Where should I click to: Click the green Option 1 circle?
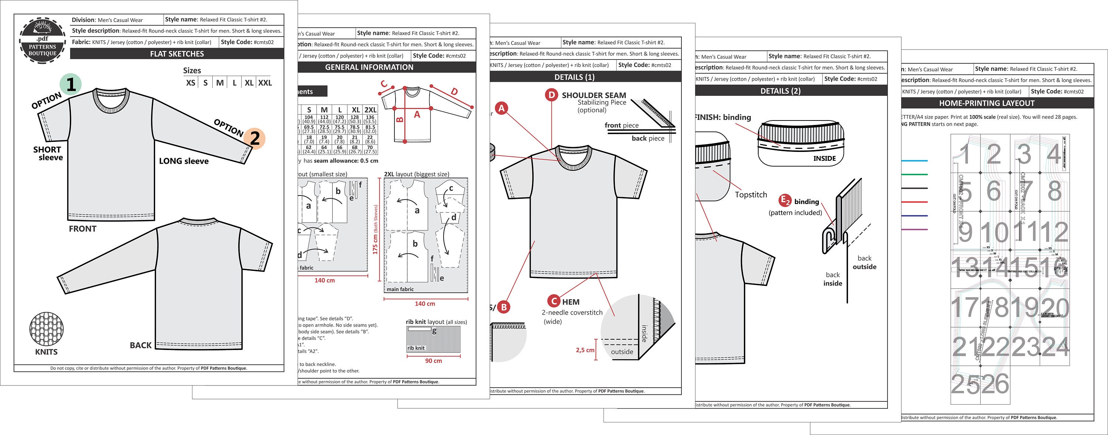click(x=71, y=84)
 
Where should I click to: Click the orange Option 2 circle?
click(x=254, y=138)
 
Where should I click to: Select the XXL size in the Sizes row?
click(x=265, y=83)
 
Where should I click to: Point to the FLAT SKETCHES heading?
click(x=177, y=54)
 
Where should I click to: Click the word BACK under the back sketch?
click(x=141, y=345)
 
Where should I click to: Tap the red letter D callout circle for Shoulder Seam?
click(x=551, y=95)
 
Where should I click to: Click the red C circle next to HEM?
click(x=554, y=301)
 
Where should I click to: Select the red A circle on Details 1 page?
click(x=501, y=108)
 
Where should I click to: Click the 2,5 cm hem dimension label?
click(x=585, y=350)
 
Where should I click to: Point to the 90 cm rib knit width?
click(x=433, y=361)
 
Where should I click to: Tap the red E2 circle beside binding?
click(x=784, y=201)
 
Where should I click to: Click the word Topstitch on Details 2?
click(x=750, y=194)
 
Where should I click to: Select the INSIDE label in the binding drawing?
click(x=824, y=158)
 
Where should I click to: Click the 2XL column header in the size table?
click(x=370, y=110)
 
